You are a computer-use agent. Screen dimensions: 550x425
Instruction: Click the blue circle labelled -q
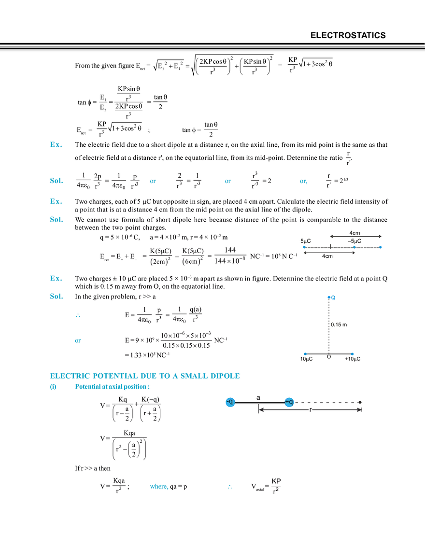click(230, 402)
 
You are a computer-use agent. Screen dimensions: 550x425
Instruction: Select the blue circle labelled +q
click(289, 402)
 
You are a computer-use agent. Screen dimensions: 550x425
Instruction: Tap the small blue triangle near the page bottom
click(230, 487)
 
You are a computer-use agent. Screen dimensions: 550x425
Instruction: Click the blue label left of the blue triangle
click(158, 487)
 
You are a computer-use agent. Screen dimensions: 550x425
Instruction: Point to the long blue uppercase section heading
click(144, 375)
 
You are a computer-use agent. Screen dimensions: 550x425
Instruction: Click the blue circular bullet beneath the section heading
click(53, 387)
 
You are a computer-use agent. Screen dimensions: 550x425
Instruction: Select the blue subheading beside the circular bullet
click(112, 387)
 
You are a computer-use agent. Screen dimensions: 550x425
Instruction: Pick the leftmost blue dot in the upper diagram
click(304, 247)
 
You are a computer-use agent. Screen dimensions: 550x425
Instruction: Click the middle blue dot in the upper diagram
click(354, 247)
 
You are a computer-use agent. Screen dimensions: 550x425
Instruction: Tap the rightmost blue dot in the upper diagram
click(381, 247)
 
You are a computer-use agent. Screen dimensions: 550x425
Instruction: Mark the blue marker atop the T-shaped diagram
click(331, 297)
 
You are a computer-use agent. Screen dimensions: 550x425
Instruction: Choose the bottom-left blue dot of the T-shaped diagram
click(304, 354)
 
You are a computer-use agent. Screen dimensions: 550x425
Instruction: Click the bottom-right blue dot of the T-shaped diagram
click(353, 354)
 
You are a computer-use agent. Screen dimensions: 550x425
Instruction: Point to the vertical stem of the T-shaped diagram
click(328, 328)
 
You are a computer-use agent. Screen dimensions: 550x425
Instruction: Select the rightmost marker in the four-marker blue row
click(303, 182)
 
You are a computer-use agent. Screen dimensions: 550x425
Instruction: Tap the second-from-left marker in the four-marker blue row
click(152, 182)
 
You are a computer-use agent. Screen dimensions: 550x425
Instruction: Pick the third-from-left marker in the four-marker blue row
click(228, 182)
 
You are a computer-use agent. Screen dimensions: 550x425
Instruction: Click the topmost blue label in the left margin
click(56, 144)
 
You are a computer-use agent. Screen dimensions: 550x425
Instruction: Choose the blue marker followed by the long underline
click(78, 340)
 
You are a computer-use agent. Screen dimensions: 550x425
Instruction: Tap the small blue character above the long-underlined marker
click(77, 316)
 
